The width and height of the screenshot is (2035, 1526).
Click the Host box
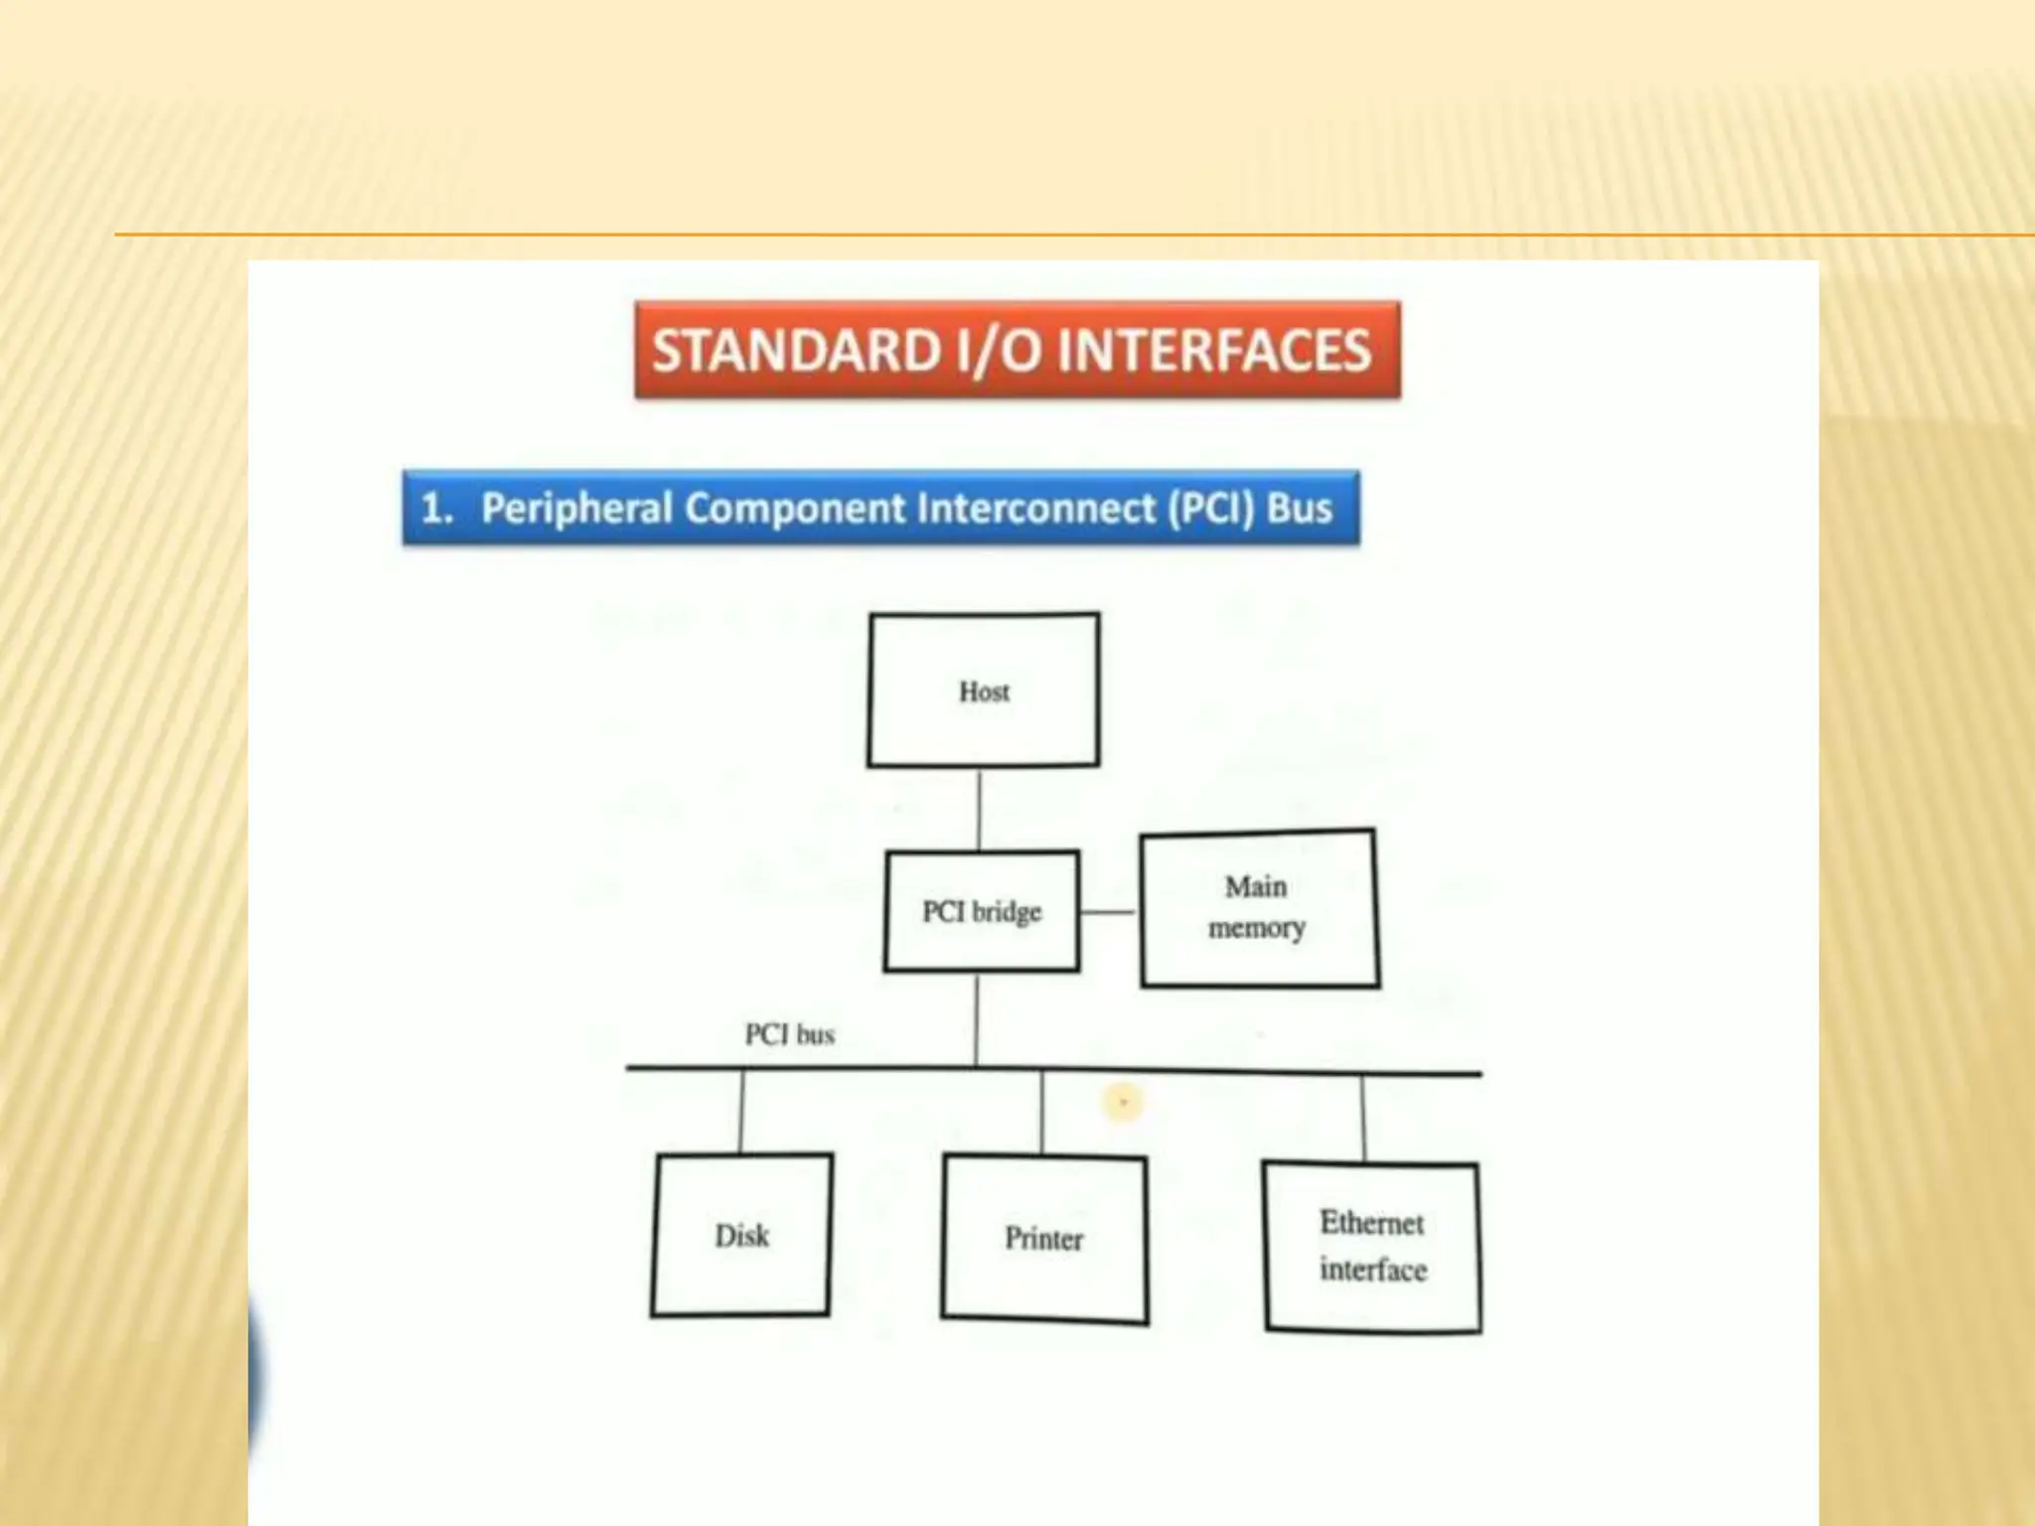(x=984, y=690)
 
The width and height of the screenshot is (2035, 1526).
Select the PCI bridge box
(x=982, y=911)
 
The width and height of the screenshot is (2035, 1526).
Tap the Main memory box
(x=1258, y=907)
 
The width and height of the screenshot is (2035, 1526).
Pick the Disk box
(x=741, y=1235)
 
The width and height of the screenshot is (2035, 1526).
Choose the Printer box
(x=1044, y=1239)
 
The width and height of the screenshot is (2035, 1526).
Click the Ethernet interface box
(x=1372, y=1246)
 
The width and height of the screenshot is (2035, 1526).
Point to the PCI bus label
(x=790, y=1035)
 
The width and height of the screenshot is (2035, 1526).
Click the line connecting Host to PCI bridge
(x=980, y=809)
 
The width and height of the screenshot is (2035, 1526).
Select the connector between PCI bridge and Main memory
(x=1109, y=911)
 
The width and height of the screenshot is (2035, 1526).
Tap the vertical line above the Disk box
(x=741, y=1111)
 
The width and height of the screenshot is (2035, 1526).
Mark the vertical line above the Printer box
(x=1041, y=1113)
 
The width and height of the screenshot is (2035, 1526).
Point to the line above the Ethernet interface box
(x=1362, y=1118)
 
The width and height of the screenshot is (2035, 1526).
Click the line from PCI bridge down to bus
(x=977, y=1019)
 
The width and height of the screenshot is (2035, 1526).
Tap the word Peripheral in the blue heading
(x=577, y=509)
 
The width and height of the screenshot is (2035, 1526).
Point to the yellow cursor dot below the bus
(x=1123, y=1102)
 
